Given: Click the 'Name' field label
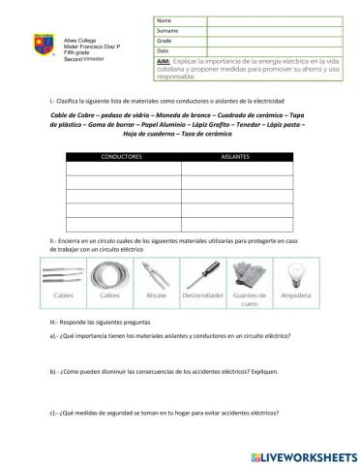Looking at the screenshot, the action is [163, 20].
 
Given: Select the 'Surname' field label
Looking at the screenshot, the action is [166, 30].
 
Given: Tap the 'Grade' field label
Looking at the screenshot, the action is [164, 41].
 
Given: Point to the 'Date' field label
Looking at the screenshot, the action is [163, 50].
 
